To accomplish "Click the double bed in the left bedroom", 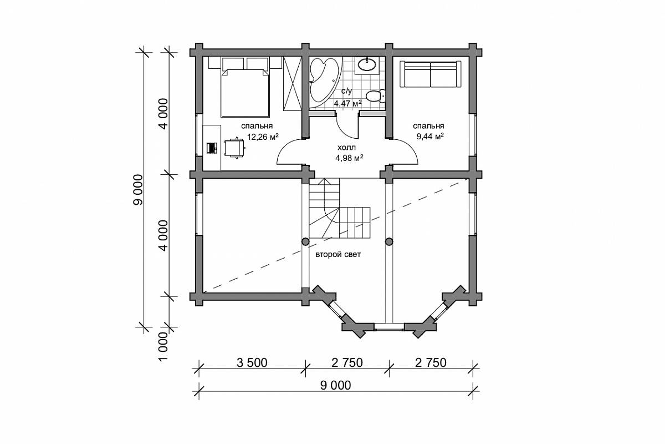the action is [245, 93].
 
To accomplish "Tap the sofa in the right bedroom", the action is [430, 74].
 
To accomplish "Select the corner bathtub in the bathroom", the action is [324, 82].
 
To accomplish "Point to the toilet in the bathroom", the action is [375, 96].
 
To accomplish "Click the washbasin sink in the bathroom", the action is [367, 65].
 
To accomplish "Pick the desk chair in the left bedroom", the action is [234, 148].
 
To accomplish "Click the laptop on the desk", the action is [212, 148].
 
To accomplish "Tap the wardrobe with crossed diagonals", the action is [293, 83].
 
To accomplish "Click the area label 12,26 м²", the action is [263, 137].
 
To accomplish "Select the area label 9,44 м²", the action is [430, 137].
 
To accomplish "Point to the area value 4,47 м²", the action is [348, 103].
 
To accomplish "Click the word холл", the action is [346, 147].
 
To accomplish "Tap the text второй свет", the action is [338, 255].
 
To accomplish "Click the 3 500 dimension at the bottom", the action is [252, 363].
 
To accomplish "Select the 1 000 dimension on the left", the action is [163, 347].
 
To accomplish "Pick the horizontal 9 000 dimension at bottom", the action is [335, 385].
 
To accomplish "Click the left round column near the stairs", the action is [305, 242].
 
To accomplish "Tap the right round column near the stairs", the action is [389, 242].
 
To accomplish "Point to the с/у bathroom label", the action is [346, 92].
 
